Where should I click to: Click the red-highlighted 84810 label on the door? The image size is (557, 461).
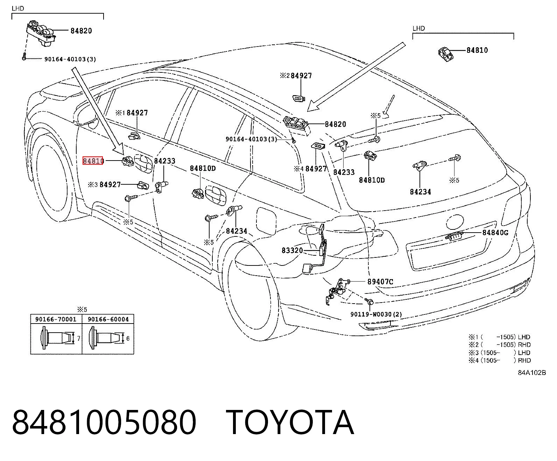click(93, 161)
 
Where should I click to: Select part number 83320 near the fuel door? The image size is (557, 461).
click(292, 250)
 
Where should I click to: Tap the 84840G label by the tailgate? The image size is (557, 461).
click(495, 233)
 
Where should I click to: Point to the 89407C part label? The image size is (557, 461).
click(380, 282)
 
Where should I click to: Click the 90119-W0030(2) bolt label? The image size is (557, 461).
click(376, 314)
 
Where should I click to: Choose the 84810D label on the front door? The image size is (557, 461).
click(203, 168)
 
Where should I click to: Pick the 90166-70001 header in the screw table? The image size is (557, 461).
click(56, 319)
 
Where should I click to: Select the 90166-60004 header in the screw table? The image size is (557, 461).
click(108, 319)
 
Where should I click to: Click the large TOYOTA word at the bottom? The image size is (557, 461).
click(290, 423)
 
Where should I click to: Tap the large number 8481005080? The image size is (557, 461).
click(104, 423)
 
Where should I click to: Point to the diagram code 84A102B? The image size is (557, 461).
click(532, 373)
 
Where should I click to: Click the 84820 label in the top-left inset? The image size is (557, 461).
click(81, 31)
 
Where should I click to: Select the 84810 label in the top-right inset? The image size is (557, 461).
click(477, 50)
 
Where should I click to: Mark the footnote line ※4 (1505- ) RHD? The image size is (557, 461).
click(500, 360)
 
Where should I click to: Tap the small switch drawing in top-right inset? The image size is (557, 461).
click(446, 54)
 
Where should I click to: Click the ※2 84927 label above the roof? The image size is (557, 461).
click(296, 76)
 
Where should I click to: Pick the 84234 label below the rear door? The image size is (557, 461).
click(237, 231)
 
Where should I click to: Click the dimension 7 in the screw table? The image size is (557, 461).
click(79, 338)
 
